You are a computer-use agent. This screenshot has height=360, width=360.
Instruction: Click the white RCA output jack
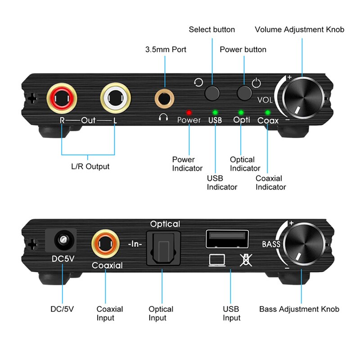point(115,97)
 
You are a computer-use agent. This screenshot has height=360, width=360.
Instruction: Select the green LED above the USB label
point(215,112)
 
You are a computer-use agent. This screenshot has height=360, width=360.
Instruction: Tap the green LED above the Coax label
point(268,112)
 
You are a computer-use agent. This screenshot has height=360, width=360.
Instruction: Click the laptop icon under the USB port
point(217,261)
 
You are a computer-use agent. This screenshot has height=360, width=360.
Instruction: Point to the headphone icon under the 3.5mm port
point(163,118)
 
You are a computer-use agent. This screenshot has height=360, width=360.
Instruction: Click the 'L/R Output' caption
point(90,166)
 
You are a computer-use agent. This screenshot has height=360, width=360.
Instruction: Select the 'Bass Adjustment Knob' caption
point(299,309)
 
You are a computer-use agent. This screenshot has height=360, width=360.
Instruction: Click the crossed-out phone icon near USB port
point(245,261)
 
